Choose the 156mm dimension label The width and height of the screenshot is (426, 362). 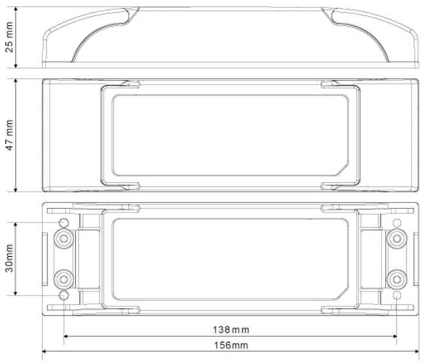pyautogui.click(x=229, y=345)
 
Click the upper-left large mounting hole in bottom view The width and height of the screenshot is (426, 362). pyautogui.click(x=62, y=238)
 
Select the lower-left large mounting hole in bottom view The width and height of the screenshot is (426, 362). pyautogui.click(x=62, y=279)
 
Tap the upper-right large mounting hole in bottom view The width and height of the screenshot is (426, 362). pyautogui.click(x=397, y=238)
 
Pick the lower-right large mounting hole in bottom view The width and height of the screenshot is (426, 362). pyautogui.click(x=397, y=279)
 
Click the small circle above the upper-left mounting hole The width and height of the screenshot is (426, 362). pyautogui.click(x=64, y=222)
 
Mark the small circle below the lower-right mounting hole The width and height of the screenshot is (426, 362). pyautogui.click(x=397, y=295)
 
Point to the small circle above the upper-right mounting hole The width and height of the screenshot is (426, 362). pyautogui.click(x=397, y=222)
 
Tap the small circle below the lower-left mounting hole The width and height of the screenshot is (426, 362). pyautogui.click(x=64, y=295)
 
